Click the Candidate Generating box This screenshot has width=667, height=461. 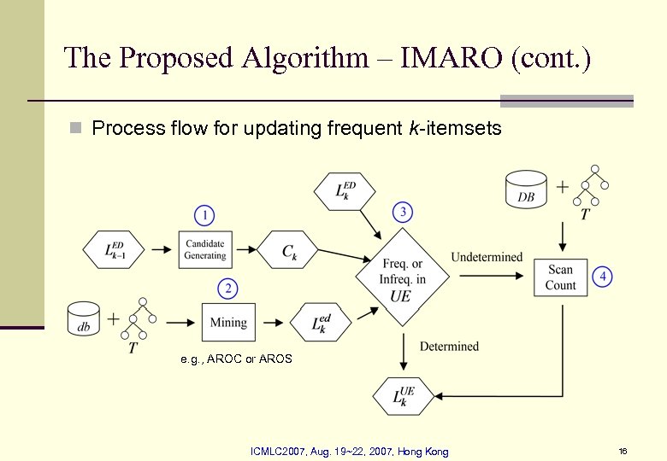[x=205, y=250]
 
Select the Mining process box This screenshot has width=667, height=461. [x=228, y=323]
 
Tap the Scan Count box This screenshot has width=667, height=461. [x=561, y=277]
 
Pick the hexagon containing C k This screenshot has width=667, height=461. [x=288, y=250]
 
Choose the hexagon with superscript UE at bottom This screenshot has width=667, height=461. [x=404, y=395]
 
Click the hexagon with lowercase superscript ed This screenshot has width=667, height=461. [x=320, y=323]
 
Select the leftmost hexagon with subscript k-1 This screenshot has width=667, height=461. [x=115, y=250]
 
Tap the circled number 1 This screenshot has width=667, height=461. [x=204, y=214]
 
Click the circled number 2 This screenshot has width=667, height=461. [x=227, y=289]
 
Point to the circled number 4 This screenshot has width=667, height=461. [x=604, y=277]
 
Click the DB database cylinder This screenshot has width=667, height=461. [x=527, y=189]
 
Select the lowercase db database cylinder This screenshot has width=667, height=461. [x=83, y=320]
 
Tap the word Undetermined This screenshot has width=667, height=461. [x=487, y=257]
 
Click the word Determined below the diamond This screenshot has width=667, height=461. [x=449, y=347]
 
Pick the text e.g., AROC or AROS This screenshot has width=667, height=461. [x=236, y=359]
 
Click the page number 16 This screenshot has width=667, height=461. [x=623, y=451]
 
